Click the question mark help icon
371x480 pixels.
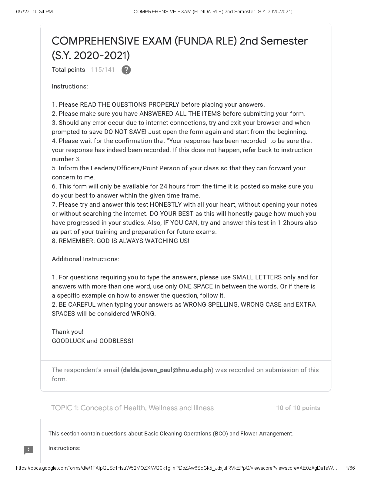coord(126,70)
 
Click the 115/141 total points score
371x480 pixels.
coord(103,70)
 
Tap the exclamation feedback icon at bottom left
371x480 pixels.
coord(28,450)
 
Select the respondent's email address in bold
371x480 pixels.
coord(167,370)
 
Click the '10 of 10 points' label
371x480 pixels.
coord(298,408)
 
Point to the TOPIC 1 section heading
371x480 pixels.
coord(132,408)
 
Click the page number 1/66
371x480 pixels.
coord(350,468)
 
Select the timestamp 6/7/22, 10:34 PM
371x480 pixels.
coord(34,12)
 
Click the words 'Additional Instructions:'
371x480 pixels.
coord(85,259)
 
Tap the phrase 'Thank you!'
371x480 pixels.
coord(67,332)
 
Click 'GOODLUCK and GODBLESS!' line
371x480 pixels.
coord(92,341)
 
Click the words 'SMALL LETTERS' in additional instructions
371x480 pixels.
coord(256,277)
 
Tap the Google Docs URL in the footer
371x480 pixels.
coord(176,468)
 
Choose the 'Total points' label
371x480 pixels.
coord(68,70)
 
